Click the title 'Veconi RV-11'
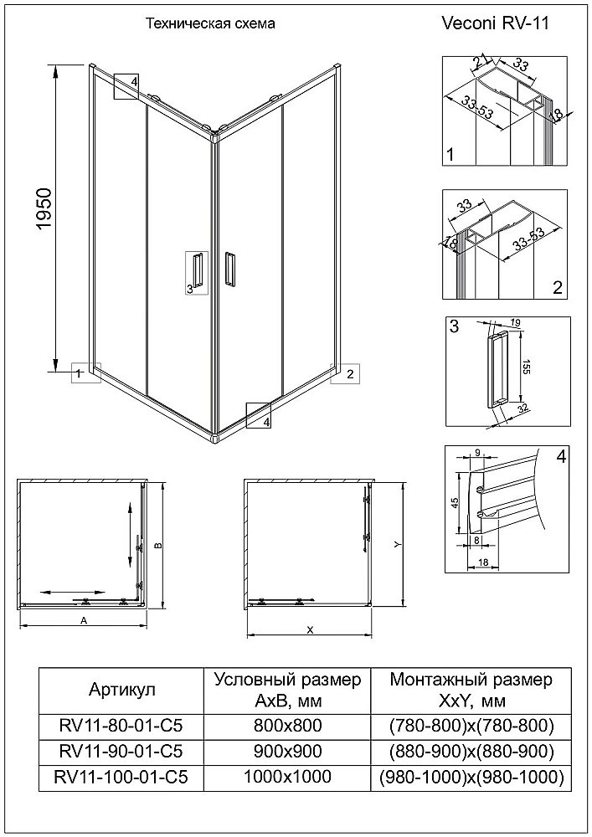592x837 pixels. pos(496,24)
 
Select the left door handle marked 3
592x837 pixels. pos(197,272)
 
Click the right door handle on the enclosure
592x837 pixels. pos(230,272)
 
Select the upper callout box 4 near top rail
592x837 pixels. pos(127,85)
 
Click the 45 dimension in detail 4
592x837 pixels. pos(455,502)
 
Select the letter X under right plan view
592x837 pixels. pos(310,630)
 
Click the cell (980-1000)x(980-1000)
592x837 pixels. pos(471,778)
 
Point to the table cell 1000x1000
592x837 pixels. pos(287,778)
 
